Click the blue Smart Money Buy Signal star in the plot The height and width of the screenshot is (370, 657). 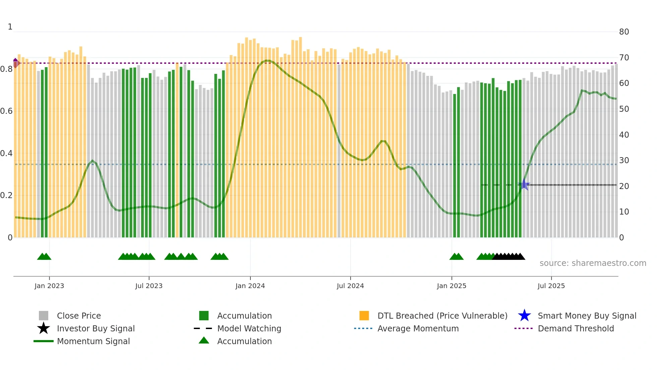pyautogui.click(x=524, y=185)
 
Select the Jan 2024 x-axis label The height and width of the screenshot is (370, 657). pyautogui.click(x=250, y=286)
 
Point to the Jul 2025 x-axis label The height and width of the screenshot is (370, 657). pyautogui.click(x=551, y=286)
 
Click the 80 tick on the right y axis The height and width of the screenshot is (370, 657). pyautogui.click(x=624, y=32)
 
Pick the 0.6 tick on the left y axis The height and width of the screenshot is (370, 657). pyautogui.click(x=7, y=111)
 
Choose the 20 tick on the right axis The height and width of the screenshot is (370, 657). pyautogui.click(x=624, y=186)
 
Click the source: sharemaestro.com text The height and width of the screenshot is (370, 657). pyautogui.click(x=593, y=263)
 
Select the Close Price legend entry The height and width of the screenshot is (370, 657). pyautogui.click(x=79, y=316)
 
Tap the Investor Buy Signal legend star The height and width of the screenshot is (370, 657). pyautogui.click(x=44, y=328)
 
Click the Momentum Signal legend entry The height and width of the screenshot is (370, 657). pyautogui.click(x=93, y=341)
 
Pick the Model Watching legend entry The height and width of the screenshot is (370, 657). pyautogui.click(x=249, y=328)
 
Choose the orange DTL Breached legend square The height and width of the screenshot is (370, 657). pyautogui.click(x=364, y=316)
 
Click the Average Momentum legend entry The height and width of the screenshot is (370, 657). pyautogui.click(x=418, y=328)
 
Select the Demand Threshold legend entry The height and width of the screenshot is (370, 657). pyautogui.click(x=576, y=328)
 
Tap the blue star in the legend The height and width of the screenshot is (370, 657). pyautogui.click(x=524, y=316)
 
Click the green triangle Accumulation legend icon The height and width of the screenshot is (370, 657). pyautogui.click(x=204, y=340)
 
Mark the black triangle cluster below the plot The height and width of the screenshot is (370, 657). pyautogui.click(x=509, y=257)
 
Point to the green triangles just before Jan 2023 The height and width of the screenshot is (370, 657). pyautogui.click(x=44, y=257)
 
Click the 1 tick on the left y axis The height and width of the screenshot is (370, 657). pyautogui.click(x=10, y=27)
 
